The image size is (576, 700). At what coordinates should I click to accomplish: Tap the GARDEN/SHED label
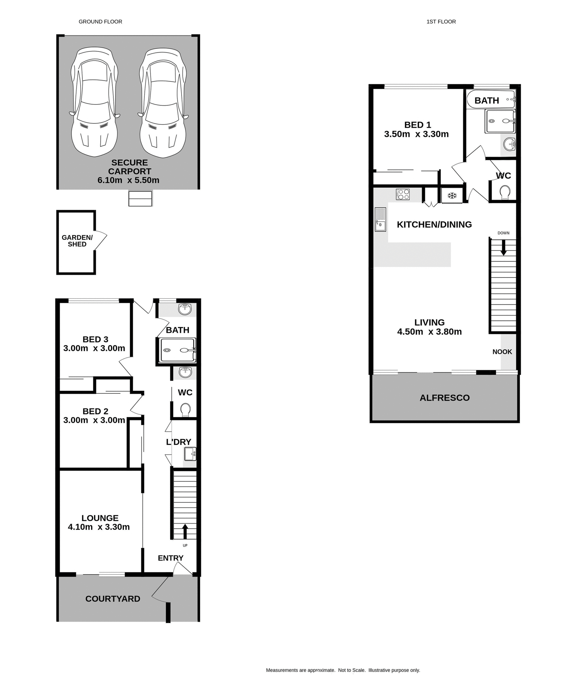[x=77, y=241]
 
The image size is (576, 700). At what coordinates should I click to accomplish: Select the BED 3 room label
[x=95, y=339]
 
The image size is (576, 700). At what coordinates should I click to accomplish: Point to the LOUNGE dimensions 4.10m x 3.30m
[x=98, y=527]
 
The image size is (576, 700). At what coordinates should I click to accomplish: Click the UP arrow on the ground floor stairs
[x=185, y=531]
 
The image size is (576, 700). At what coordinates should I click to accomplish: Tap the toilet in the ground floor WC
[x=185, y=410]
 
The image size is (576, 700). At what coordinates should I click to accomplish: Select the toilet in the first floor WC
[x=505, y=192]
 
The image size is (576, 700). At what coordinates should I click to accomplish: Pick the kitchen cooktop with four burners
[x=403, y=194]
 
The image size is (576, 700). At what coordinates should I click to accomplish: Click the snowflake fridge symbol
[x=452, y=196]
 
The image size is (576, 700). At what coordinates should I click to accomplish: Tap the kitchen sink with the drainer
[x=380, y=219]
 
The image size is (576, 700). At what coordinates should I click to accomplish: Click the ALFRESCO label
[x=444, y=398]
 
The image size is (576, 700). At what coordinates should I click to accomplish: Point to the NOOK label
[x=502, y=352]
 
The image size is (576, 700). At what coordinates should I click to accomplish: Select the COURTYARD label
[x=113, y=599]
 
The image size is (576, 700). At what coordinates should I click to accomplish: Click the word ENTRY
[x=170, y=558]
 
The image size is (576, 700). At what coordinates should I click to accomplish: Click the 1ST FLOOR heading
[x=441, y=22]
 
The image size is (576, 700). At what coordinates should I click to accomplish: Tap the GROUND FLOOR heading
[x=100, y=22]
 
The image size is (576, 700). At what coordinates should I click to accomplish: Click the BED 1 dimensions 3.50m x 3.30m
[x=416, y=134]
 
